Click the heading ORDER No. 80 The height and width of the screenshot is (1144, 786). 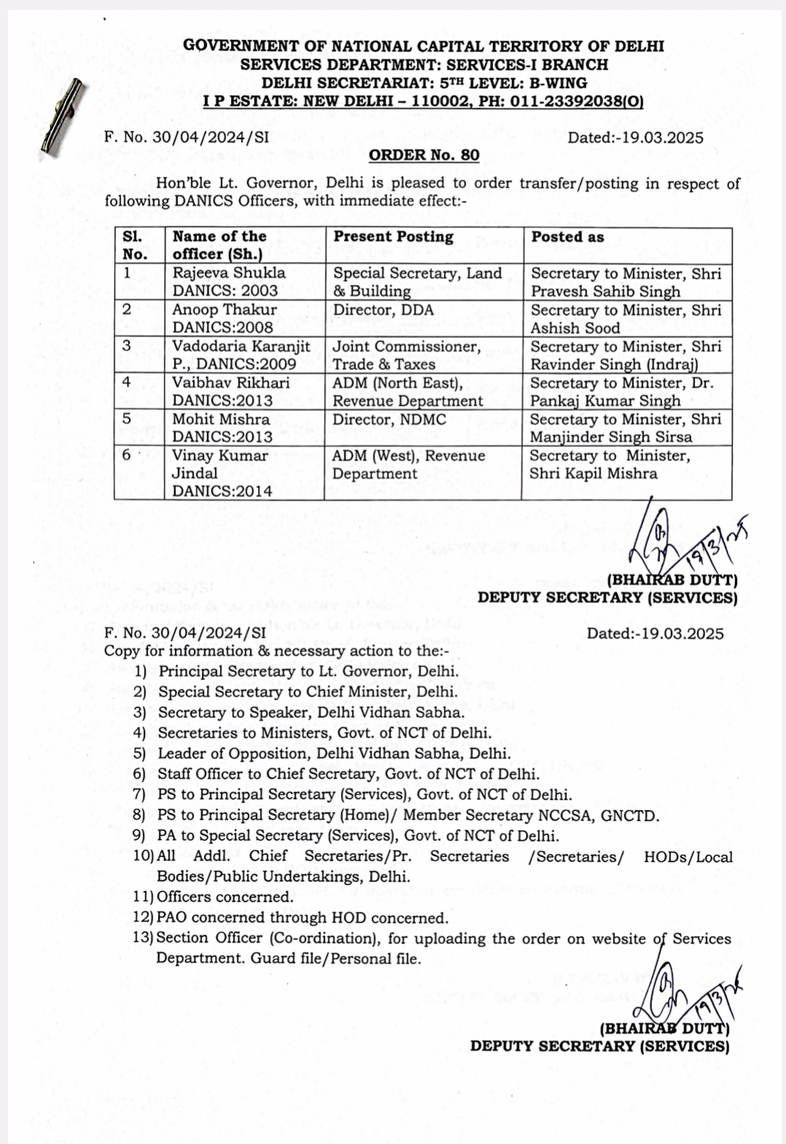(424, 155)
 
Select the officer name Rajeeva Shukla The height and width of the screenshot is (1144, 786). (229, 273)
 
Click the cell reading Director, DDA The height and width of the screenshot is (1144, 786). (383, 310)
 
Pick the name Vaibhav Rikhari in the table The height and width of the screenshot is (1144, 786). (230, 383)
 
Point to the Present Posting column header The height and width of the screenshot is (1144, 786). (393, 237)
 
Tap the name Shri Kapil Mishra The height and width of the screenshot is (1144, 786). (593, 474)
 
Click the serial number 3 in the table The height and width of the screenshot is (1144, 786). (127, 346)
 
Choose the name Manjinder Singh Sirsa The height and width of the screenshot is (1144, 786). (610, 437)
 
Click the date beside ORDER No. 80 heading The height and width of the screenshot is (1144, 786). (635, 138)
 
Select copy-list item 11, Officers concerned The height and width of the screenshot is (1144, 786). (225, 897)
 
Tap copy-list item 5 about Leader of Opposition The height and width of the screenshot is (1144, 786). (334, 753)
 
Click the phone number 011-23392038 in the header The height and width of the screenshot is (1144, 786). (562, 102)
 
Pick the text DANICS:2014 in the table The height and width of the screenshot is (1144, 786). (221, 491)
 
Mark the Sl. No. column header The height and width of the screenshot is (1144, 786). (135, 246)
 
